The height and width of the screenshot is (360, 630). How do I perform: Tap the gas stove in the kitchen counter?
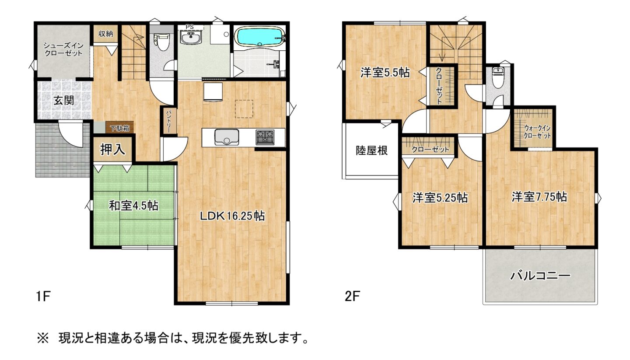pos(265,137)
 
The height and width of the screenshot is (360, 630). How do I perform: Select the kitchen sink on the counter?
pos(226,137)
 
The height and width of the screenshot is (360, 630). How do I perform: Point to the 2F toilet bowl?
pos(498,78)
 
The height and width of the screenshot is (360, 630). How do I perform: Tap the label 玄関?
pos(63,100)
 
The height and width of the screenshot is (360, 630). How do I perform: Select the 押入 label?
pos(113,150)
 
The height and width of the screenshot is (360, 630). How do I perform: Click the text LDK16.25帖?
pos(232,216)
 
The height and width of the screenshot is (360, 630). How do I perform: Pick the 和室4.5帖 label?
pos(133,205)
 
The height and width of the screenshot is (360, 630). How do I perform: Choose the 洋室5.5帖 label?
pos(385,73)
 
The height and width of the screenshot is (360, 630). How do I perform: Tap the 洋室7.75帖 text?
pos(539,197)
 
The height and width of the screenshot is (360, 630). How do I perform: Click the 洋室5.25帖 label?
pos(440,198)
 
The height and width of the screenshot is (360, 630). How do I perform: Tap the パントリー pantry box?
pos(169,120)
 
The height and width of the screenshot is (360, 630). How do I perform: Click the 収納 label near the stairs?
pos(105,34)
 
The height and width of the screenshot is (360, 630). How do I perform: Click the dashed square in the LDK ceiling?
pos(245,109)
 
